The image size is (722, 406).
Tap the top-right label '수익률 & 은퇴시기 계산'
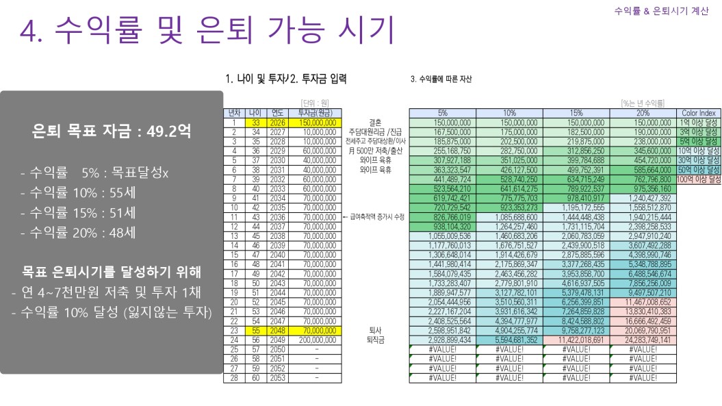tap(661, 11)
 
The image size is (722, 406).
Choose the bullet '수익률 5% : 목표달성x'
tap(94, 173)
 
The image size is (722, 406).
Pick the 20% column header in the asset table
tap(643, 113)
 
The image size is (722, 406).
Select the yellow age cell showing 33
tap(255, 123)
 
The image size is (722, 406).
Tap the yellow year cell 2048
tap(277, 330)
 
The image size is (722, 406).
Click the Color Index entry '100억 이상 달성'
tap(699, 179)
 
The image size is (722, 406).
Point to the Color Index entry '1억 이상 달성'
tap(699, 123)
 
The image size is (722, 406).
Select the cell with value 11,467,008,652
tap(643, 302)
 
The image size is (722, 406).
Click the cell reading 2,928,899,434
tap(442, 340)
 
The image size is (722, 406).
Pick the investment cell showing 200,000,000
tap(316, 340)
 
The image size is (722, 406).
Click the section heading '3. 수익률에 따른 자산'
tap(441, 79)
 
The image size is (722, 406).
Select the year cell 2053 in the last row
tap(277, 377)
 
